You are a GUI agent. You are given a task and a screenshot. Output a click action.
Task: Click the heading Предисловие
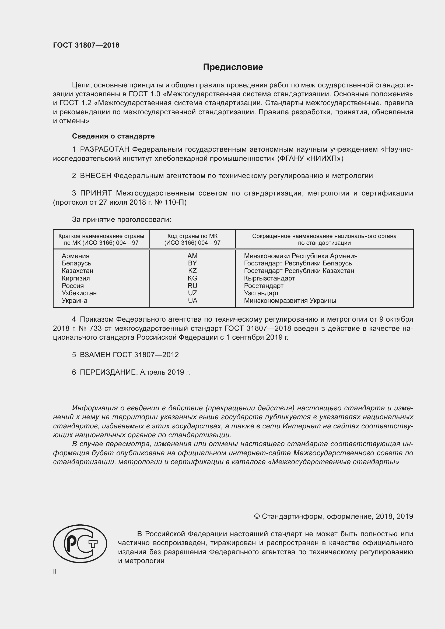point(233,67)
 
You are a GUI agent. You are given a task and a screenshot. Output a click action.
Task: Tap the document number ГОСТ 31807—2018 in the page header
point(86,45)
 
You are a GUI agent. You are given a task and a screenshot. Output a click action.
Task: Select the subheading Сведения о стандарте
point(113,136)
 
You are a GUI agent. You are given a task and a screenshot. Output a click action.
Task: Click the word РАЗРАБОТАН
point(104,149)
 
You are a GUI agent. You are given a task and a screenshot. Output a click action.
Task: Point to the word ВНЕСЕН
point(96,176)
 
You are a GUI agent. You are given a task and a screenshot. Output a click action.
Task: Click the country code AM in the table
point(192,256)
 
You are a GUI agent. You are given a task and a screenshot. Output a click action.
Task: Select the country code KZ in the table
point(192,271)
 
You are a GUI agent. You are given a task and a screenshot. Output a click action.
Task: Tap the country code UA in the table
point(192,301)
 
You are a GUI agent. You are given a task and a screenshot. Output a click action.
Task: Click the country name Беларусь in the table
point(76,263)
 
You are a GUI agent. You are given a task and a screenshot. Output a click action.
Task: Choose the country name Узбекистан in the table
point(79,293)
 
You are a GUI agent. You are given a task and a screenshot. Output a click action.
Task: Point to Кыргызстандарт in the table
point(269,278)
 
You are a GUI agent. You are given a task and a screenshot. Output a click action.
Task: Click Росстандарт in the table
point(264,286)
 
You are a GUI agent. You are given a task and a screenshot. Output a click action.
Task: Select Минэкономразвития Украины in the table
point(290,301)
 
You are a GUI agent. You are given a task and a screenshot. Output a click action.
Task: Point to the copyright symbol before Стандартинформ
point(257,516)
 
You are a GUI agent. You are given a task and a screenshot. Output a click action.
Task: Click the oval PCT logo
point(80,543)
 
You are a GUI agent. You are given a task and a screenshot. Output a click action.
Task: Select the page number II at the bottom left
point(55,571)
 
